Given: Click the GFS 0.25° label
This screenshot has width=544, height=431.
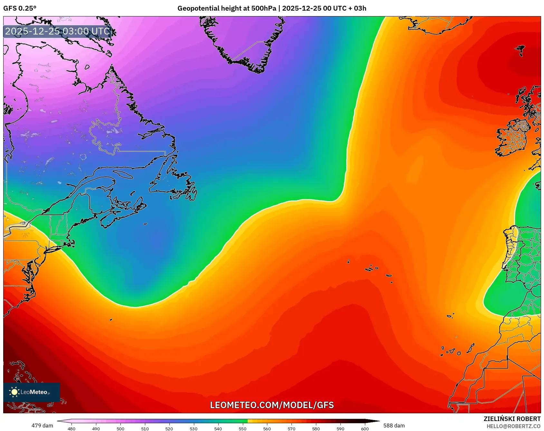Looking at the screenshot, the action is (x=20, y=8).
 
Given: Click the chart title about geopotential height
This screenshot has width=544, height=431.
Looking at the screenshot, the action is (x=272, y=8).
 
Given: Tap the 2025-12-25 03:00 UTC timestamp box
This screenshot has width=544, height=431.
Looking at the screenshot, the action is (x=58, y=31).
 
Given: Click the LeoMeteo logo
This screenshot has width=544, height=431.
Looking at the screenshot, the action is (x=32, y=392).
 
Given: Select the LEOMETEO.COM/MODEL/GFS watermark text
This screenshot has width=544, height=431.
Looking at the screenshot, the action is (x=272, y=405).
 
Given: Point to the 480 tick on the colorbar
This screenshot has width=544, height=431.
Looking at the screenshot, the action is (x=72, y=428).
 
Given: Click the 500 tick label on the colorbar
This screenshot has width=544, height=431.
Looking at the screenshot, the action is (x=120, y=428).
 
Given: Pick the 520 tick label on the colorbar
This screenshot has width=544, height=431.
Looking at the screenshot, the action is (x=169, y=428).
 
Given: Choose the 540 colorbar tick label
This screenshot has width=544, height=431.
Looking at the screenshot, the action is (x=218, y=428).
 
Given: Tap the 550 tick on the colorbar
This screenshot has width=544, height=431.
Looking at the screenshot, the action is (x=243, y=428).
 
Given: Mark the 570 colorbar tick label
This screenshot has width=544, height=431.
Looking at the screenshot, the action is (x=291, y=428).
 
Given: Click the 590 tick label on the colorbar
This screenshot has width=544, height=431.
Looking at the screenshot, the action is (x=340, y=428).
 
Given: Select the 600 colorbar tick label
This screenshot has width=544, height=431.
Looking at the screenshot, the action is (x=365, y=428).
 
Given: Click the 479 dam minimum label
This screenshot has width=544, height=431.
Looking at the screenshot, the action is (x=42, y=426).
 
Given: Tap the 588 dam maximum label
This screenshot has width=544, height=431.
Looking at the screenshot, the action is (x=394, y=426).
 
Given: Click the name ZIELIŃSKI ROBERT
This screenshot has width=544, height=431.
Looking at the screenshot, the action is (x=512, y=419).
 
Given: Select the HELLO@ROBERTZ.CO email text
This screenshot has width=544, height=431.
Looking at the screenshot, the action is (x=513, y=426).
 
